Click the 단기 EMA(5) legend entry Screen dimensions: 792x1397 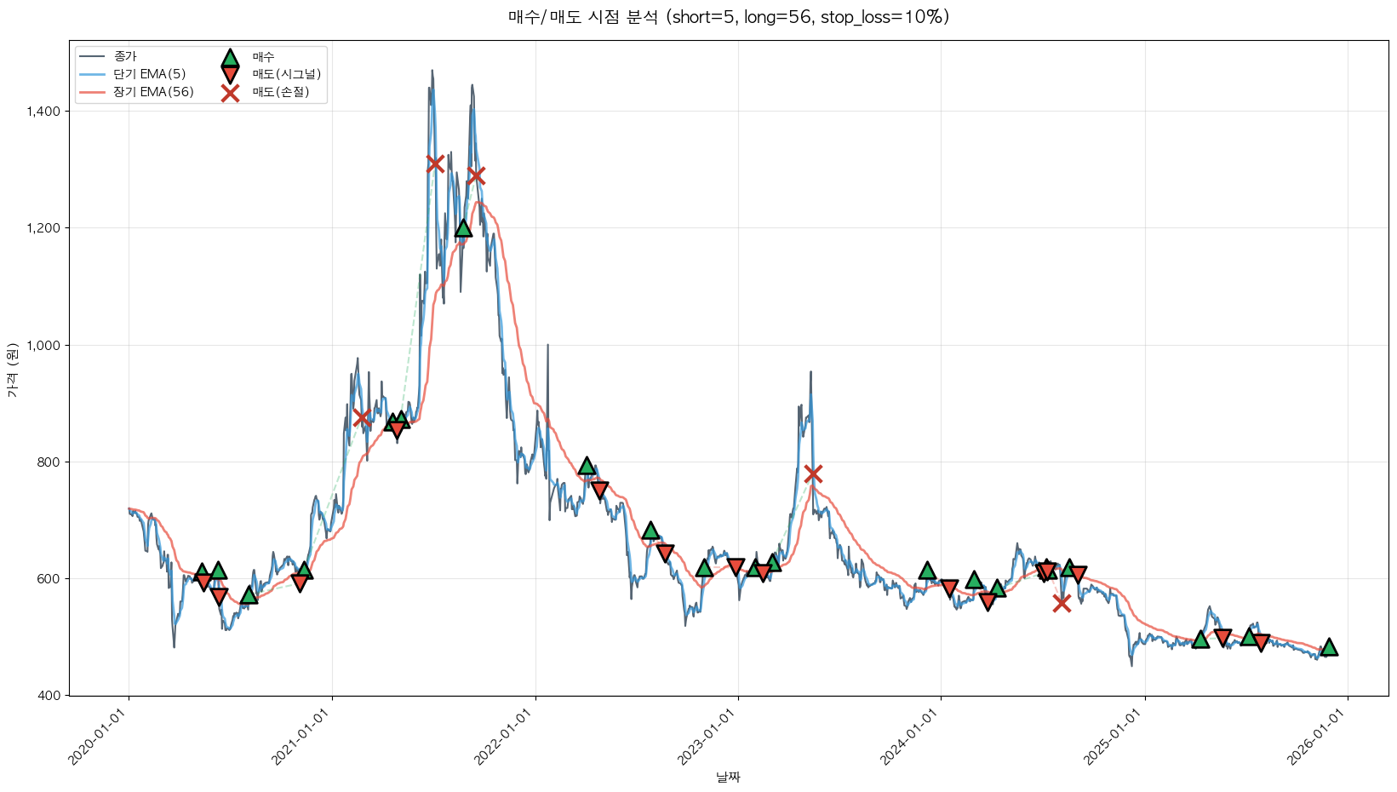point(149,74)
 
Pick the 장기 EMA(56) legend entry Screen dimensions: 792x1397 point(153,92)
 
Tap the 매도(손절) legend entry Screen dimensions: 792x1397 point(280,92)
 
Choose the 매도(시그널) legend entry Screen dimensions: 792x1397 point(286,74)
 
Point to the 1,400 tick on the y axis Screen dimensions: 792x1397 point(43,112)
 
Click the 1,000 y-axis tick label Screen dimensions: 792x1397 point(43,345)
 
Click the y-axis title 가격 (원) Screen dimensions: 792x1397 point(12,370)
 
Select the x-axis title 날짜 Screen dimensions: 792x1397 point(728,777)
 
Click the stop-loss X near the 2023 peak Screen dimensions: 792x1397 point(813,473)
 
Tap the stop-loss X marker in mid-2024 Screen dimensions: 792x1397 point(1061,603)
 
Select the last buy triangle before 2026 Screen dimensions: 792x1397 point(1328,647)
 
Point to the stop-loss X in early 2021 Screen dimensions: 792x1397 point(362,417)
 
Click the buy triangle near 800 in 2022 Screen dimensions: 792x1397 point(587,466)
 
